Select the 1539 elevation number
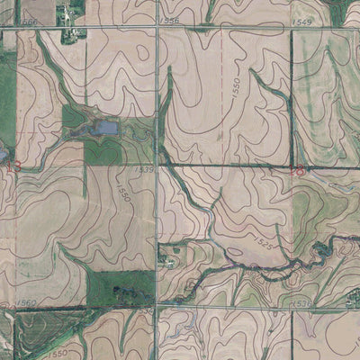[x=144, y=168]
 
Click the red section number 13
[x=11, y=166]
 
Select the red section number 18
[x=298, y=168]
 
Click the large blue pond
[x=105, y=129]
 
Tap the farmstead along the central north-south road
[x=167, y=257]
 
